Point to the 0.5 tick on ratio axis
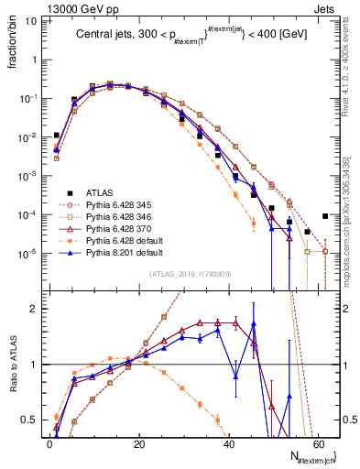(x=32, y=420)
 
